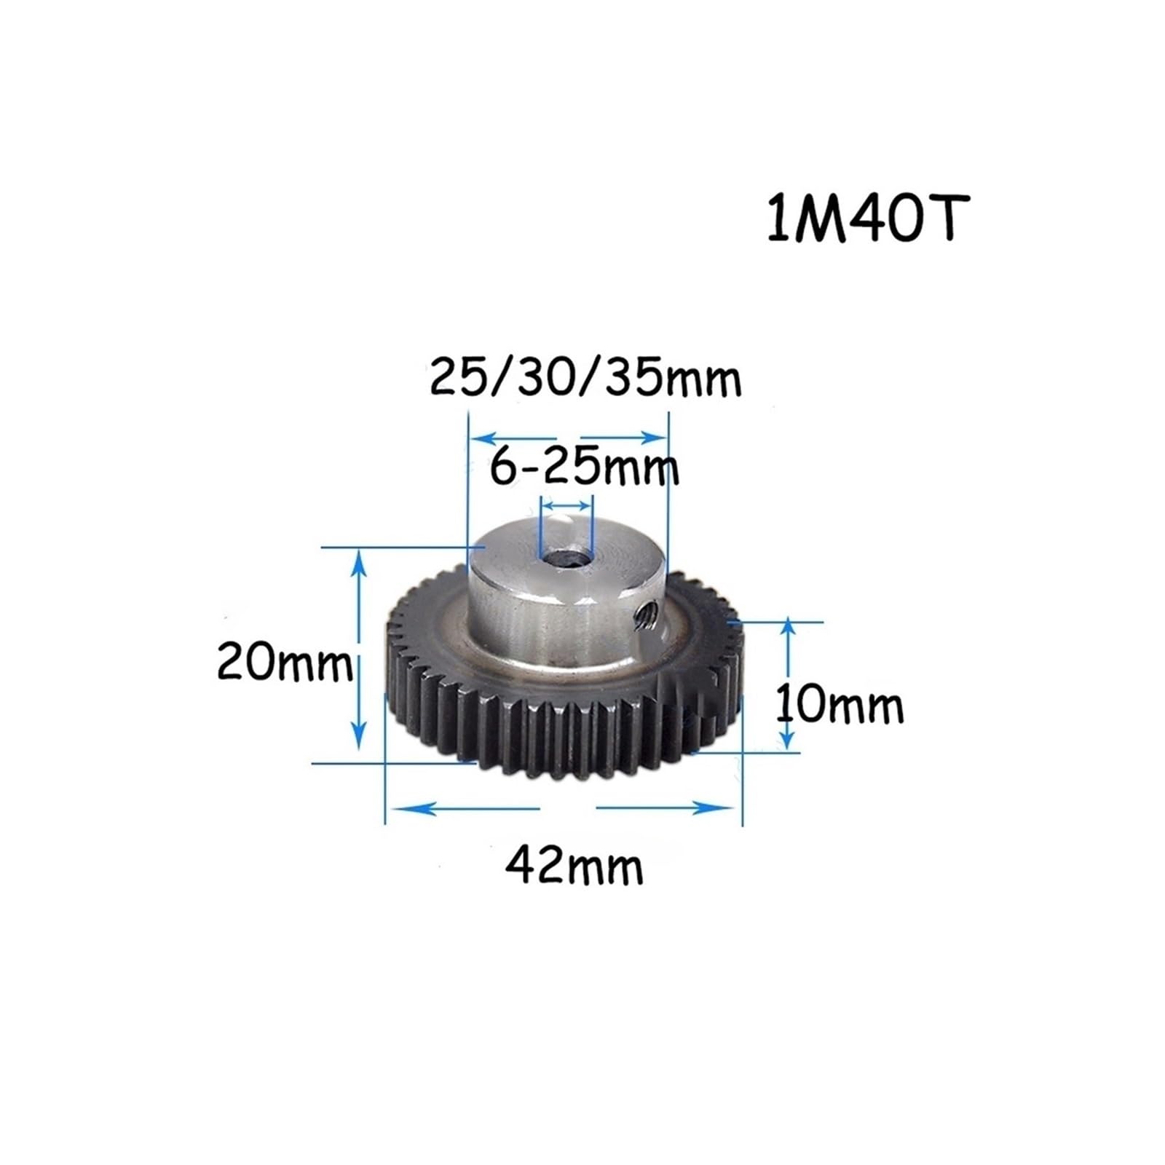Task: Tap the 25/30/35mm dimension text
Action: point(585,379)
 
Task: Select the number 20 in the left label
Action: point(245,663)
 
